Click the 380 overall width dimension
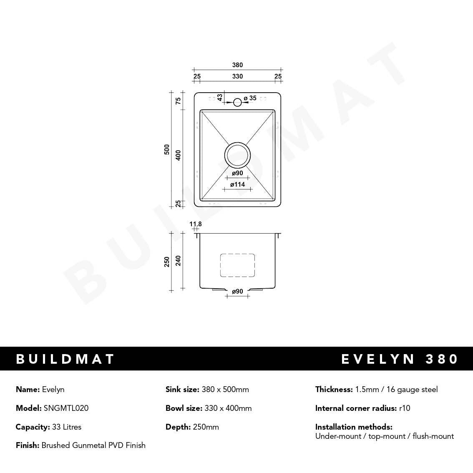pos(237,65)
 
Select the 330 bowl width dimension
pos(237,76)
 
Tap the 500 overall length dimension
pos(167,150)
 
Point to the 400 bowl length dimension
pos(178,156)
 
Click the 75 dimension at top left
pos(178,101)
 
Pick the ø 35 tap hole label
pos(250,98)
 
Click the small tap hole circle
pos(237,102)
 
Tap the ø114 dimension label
pos(237,184)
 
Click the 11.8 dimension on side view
pos(196,224)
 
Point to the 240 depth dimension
pos(178,261)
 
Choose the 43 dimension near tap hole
pos(220,97)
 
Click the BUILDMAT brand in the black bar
pos(65,359)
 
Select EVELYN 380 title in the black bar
pos(400,359)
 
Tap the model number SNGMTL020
pos(66,408)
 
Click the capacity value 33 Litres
pos(66,427)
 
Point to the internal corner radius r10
pos(405,408)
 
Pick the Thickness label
pos(334,389)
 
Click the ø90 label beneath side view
pos(237,292)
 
